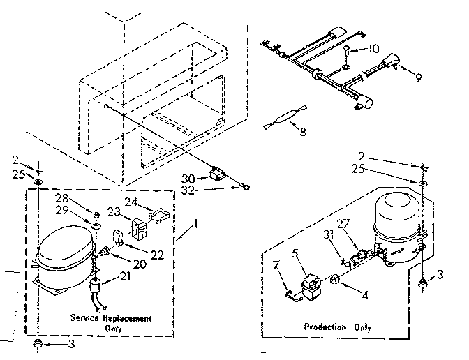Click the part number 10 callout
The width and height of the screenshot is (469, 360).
click(x=375, y=49)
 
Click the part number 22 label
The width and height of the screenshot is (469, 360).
click(x=158, y=255)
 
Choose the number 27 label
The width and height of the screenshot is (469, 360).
click(x=343, y=224)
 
